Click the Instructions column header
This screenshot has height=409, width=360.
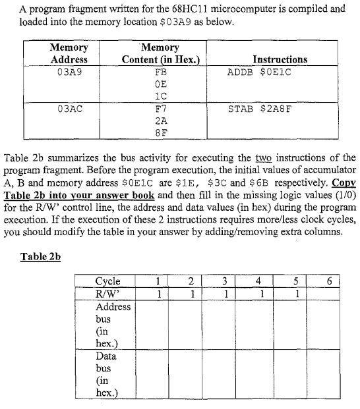280,59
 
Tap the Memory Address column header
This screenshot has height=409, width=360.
69,53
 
